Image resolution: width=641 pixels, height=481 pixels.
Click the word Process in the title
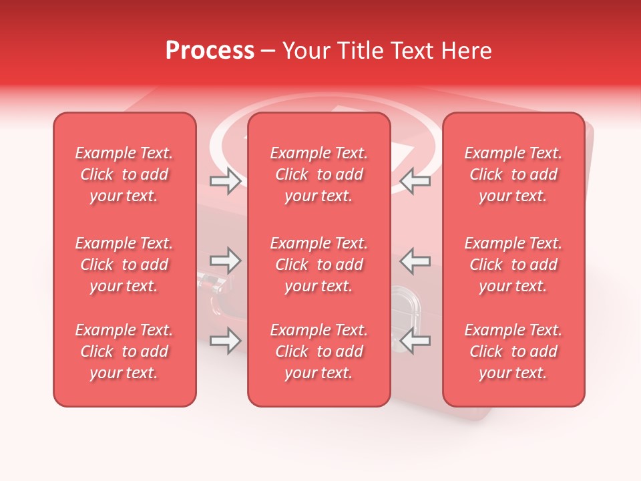coord(210,51)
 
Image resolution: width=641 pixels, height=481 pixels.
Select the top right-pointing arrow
coord(225,181)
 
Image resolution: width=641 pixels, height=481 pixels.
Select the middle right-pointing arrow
coord(225,261)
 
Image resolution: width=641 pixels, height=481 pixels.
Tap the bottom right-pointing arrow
coord(225,341)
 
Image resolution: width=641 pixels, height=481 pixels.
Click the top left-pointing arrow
coord(415,181)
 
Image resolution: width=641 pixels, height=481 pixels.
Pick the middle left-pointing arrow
coord(415,261)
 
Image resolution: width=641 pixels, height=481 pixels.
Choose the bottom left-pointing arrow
coord(415,341)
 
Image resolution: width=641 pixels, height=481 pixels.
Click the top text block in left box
coord(124,174)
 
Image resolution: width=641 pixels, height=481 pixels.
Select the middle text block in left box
coord(124,265)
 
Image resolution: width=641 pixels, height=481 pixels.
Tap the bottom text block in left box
coord(124,351)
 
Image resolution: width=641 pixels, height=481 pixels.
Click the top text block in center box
coord(318,174)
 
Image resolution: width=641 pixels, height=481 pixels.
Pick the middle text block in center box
coord(318,265)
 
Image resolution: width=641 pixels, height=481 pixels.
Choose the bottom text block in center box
coord(318,351)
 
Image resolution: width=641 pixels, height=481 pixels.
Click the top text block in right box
coord(513,174)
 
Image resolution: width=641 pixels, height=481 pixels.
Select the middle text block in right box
coord(513,265)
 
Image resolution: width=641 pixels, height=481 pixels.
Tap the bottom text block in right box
coord(513,351)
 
